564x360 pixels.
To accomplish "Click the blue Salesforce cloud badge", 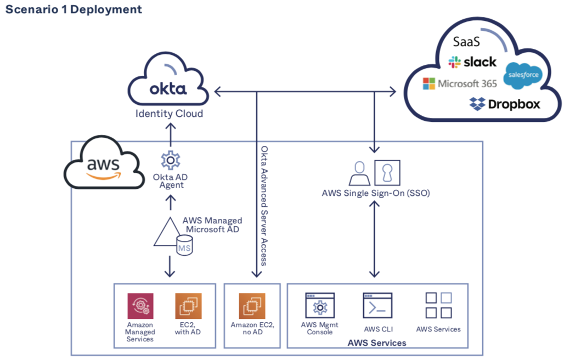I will click(522, 75).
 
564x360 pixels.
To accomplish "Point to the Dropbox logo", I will click(505, 103).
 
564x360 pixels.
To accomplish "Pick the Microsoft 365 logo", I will click(460, 83).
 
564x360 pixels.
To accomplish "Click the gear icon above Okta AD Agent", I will click(170, 160).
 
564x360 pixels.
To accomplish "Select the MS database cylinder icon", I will click(184, 247).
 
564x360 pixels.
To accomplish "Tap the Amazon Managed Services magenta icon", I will click(140, 306).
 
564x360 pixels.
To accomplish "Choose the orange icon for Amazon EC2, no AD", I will click(252, 306).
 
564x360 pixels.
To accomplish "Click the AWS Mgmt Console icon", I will click(320, 306).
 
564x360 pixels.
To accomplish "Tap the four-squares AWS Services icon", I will click(438, 305).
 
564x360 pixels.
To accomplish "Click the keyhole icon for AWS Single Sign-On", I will click(387, 173).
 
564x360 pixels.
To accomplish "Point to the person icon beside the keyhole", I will click(359, 174).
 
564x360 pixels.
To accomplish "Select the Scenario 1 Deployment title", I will click(74, 9).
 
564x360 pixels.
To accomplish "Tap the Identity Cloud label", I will click(170, 114).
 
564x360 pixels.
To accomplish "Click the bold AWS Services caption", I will click(377, 343).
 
